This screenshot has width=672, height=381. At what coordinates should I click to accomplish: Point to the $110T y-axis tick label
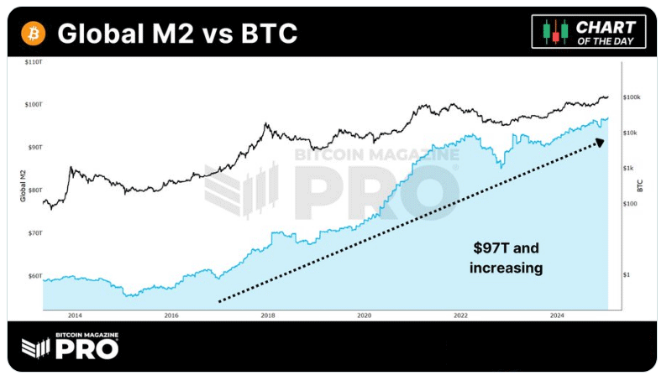[34, 63]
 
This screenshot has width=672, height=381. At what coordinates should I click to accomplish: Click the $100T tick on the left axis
[34, 105]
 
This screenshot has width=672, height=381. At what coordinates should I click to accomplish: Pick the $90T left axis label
[34, 148]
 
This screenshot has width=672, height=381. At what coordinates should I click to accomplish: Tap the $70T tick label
[34, 233]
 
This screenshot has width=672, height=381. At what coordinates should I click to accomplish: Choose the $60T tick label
[34, 276]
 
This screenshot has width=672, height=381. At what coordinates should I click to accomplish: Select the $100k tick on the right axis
[632, 98]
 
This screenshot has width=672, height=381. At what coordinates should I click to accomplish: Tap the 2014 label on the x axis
[75, 316]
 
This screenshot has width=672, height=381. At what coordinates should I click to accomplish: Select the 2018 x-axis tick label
[268, 316]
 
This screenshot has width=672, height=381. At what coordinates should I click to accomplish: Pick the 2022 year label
[460, 316]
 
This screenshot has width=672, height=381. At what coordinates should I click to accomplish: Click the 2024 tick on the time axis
[556, 316]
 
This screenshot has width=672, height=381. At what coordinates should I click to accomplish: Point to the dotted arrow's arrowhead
[600, 143]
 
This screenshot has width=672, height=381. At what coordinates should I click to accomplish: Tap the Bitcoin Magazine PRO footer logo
[70, 346]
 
